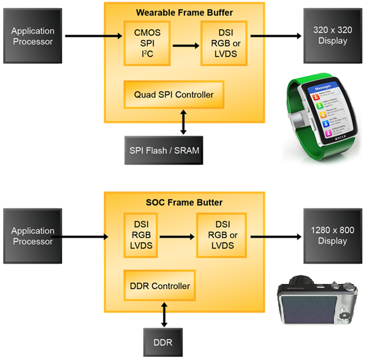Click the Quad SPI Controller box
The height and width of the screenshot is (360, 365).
[x=174, y=94]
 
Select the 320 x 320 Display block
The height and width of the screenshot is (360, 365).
[x=333, y=35]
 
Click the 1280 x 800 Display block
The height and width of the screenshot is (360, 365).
[x=333, y=235]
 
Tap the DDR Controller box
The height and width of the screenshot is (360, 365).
[x=160, y=286]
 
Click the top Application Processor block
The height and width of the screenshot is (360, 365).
[x=32, y=35]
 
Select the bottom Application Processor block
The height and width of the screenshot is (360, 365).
[x=32, y=236]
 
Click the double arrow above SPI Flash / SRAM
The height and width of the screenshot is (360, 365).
[x=184, y=120]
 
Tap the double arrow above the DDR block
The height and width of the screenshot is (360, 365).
[x=165, y=314]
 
